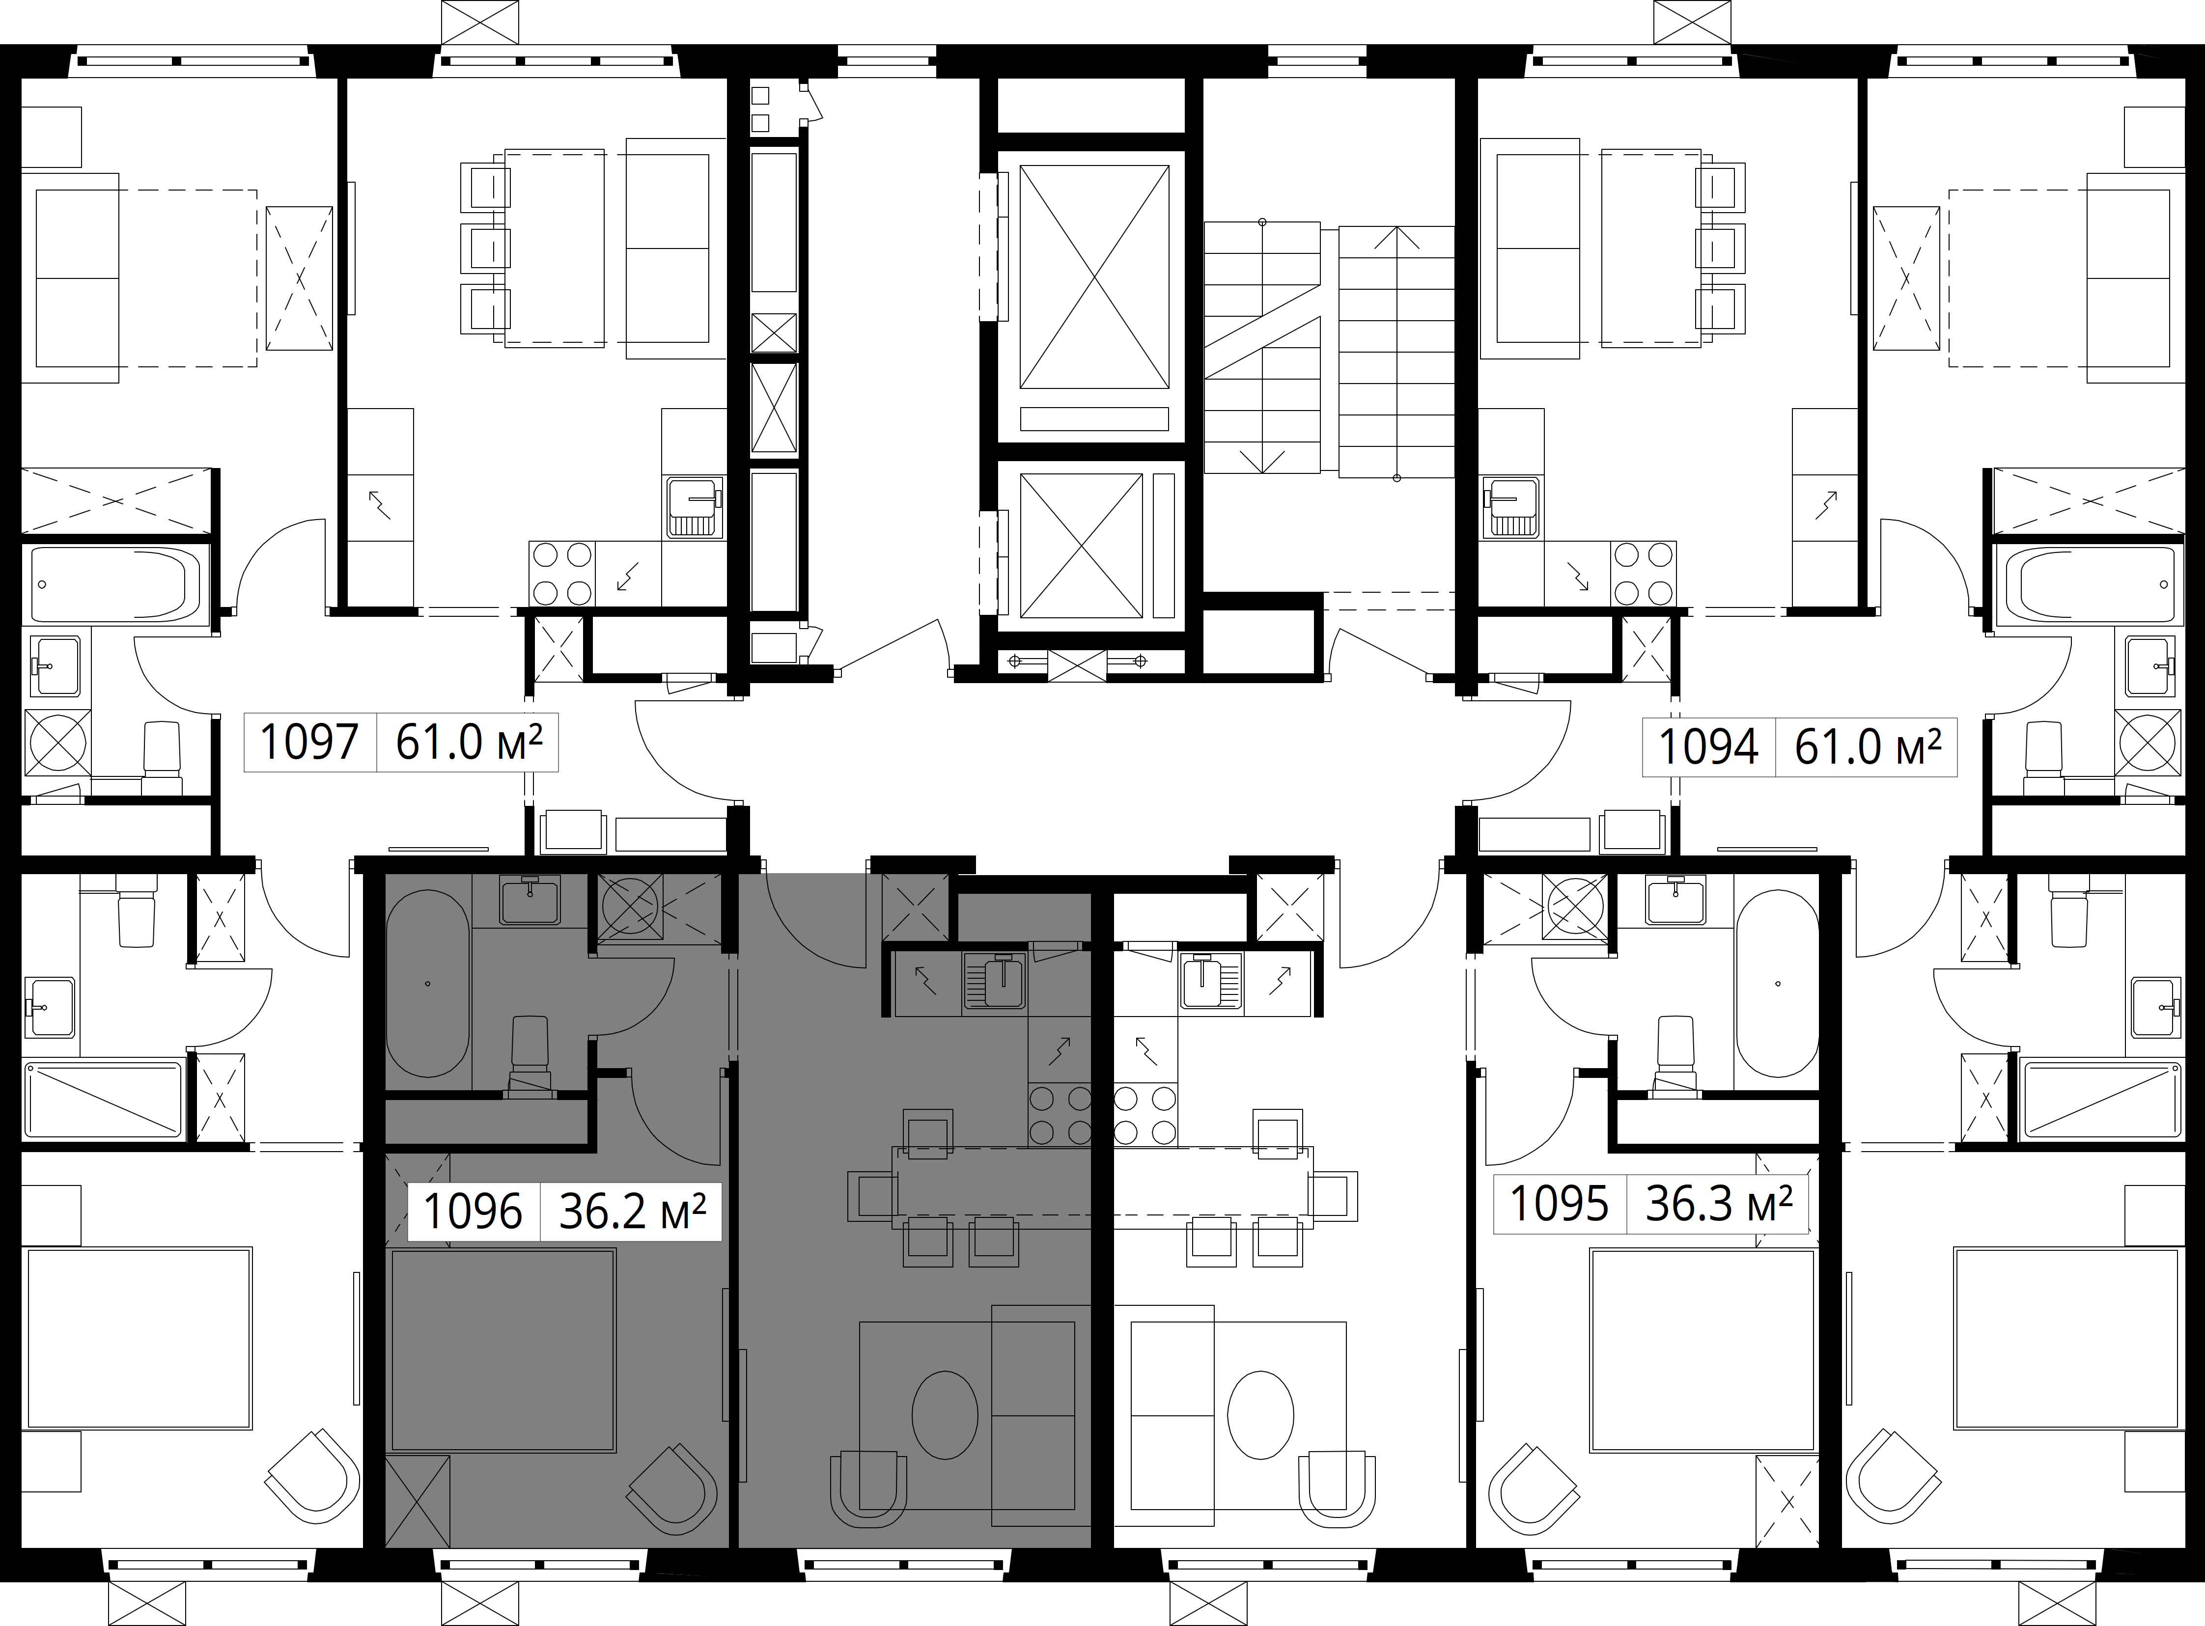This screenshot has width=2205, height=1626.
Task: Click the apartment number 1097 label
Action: point(308,742)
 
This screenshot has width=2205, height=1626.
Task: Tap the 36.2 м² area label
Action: point(632,1212)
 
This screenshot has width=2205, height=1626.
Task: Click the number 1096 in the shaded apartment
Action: point(473,1212)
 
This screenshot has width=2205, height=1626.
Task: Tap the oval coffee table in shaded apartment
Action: point(944,1414)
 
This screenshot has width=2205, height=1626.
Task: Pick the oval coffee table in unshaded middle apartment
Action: point(1261,1414)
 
